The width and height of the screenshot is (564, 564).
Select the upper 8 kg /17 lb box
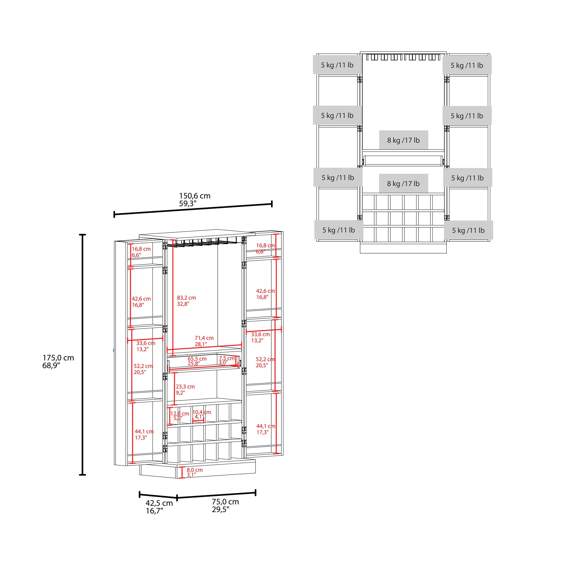pyautogui.click(x=404, y=140)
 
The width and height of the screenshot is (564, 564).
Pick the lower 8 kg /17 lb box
pyautogui.click(x=404, y=184)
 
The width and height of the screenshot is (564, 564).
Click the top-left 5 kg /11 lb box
pyautogui.click(x=338, y=65)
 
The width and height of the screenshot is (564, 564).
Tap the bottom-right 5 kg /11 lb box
pyautogui.click(x=468, y=230)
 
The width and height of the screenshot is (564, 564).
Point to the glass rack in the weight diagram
pyautogui.click(x=403, y=57)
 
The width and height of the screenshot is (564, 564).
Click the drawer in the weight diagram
pyautogui.click(x=403, y=161)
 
